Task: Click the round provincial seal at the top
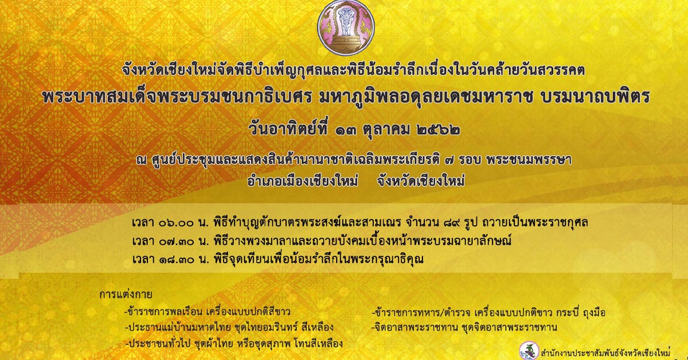(346, 27)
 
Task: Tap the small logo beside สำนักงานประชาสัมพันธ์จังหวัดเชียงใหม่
(529, 350)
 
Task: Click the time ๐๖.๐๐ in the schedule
(177, 223)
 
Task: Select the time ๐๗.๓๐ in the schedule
(177, 241)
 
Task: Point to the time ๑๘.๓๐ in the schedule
(177, 260)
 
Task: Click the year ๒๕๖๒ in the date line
(439, 130)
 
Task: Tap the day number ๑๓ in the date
(346, 131)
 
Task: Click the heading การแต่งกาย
(126, 294)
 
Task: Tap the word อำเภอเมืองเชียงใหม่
(303, 181)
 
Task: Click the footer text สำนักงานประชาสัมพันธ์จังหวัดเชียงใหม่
(605, 353)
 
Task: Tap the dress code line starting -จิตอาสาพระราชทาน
(464, 327)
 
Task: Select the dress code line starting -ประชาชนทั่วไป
(234, 343)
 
